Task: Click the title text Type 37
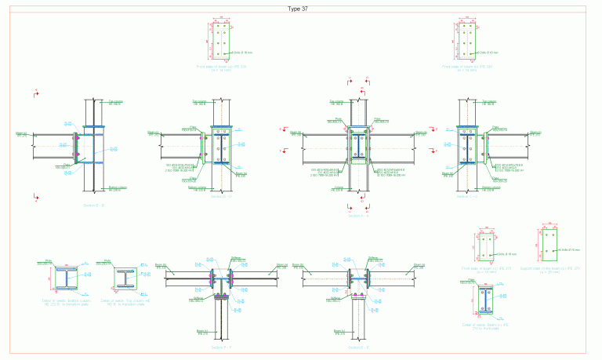pyautogui.click(x=301, y=9)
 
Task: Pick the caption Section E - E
pyautogui.click(x=359, y=346)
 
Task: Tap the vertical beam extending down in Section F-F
pyautogui.click(x=222, y=322)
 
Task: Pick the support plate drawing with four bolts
pyautogui.click(x=549, y=246)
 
